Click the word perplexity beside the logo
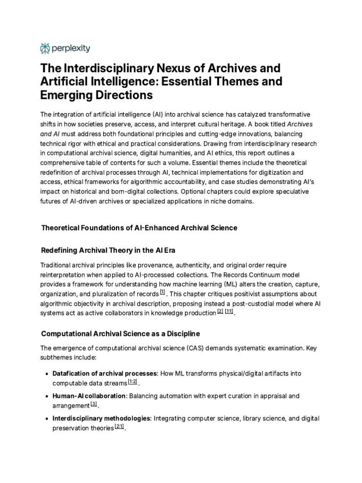(x=71, y=48)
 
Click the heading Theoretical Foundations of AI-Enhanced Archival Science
(x=139, y=228)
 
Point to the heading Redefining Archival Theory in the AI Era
(x=111, y=250)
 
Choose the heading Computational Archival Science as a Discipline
(x=121, y=333)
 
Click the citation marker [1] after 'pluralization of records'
(x=163, y=292)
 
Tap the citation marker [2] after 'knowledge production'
(x=220, y=312)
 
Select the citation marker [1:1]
(x=230, y=312)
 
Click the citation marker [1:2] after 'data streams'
(x=132, y=381)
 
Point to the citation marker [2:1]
(x=120, y=426)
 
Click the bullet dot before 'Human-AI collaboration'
(x=47, y=396)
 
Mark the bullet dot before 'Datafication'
(x=47, y=374)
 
